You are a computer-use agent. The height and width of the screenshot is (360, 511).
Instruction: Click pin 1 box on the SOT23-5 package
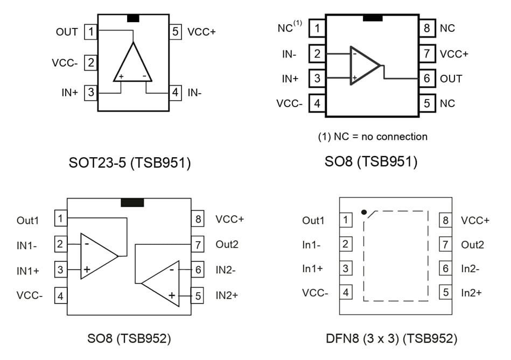click(90, 32)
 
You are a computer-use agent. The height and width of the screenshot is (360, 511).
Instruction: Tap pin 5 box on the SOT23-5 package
click(176, 32)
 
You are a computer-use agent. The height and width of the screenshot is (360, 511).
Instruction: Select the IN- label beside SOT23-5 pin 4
click(194, 93)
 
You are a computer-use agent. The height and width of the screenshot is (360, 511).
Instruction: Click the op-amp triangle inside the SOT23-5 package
click(133, 65)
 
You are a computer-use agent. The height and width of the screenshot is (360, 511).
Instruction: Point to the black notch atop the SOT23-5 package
click(133, 18)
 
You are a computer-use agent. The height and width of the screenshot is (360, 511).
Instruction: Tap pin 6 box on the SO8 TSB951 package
click(427, 79)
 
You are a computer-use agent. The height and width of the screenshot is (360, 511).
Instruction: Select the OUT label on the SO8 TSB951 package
click(451, 79)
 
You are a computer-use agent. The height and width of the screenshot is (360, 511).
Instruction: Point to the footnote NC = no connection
click(373, 137)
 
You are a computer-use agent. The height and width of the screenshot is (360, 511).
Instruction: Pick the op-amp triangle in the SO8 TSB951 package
click(363, 66)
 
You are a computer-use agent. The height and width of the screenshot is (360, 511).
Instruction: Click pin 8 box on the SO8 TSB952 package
click(198, 220)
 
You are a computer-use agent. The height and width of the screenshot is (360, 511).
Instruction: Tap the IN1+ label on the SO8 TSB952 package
click(28, 270)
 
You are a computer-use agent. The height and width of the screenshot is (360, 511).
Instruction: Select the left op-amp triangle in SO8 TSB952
click(97, 256)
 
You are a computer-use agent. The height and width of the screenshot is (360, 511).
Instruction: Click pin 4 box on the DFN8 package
click(345, 293)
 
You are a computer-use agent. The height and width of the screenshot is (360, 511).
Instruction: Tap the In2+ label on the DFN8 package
click(471, 293)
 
